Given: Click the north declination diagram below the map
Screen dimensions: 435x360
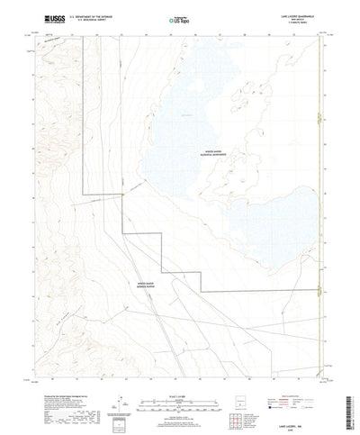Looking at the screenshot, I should (x=115, y=376).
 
